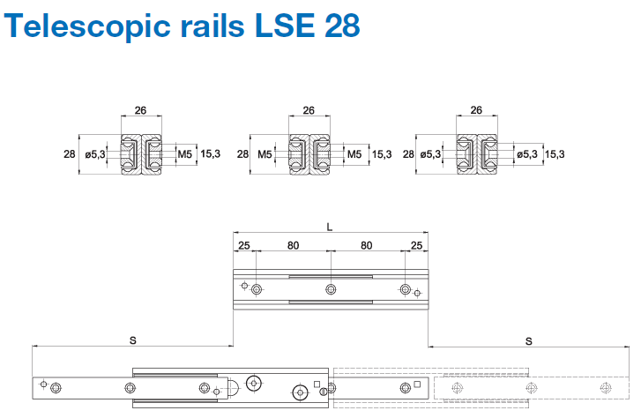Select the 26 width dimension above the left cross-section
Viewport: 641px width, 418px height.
tap(141, 111)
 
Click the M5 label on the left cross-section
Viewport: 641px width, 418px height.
tap(185, 154)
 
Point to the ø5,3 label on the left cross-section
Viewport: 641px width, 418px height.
tap(95, 154)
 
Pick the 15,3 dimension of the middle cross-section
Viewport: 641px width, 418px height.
tap(382, 154)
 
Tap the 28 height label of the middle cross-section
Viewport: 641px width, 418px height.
tap(243, 154)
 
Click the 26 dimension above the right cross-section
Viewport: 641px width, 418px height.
tap(476, 111)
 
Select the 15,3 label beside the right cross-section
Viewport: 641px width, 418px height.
tap(555, 154)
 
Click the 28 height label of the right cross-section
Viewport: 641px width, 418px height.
tap(408, 154)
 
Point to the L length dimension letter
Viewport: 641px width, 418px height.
tap(330, 227)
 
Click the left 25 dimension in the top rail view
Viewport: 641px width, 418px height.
tap(243, 244)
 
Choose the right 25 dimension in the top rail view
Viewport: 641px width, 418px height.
tap(416, 244)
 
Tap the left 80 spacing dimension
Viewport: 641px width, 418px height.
tap(292, 244)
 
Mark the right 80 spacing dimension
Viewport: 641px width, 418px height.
tap(367, 244)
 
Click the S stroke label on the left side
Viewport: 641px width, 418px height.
tap(132, 340)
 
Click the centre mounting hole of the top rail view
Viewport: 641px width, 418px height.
tap(330, 289)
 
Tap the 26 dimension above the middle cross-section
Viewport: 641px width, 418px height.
tap(309, 111)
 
